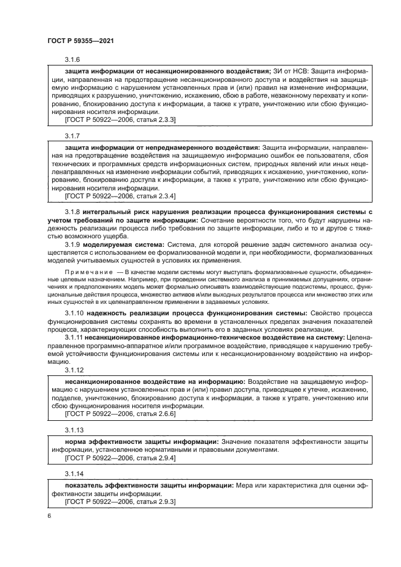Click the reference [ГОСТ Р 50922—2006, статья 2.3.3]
(120, 121)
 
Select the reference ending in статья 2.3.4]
(120, 196)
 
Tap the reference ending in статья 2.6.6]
(120, 414)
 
